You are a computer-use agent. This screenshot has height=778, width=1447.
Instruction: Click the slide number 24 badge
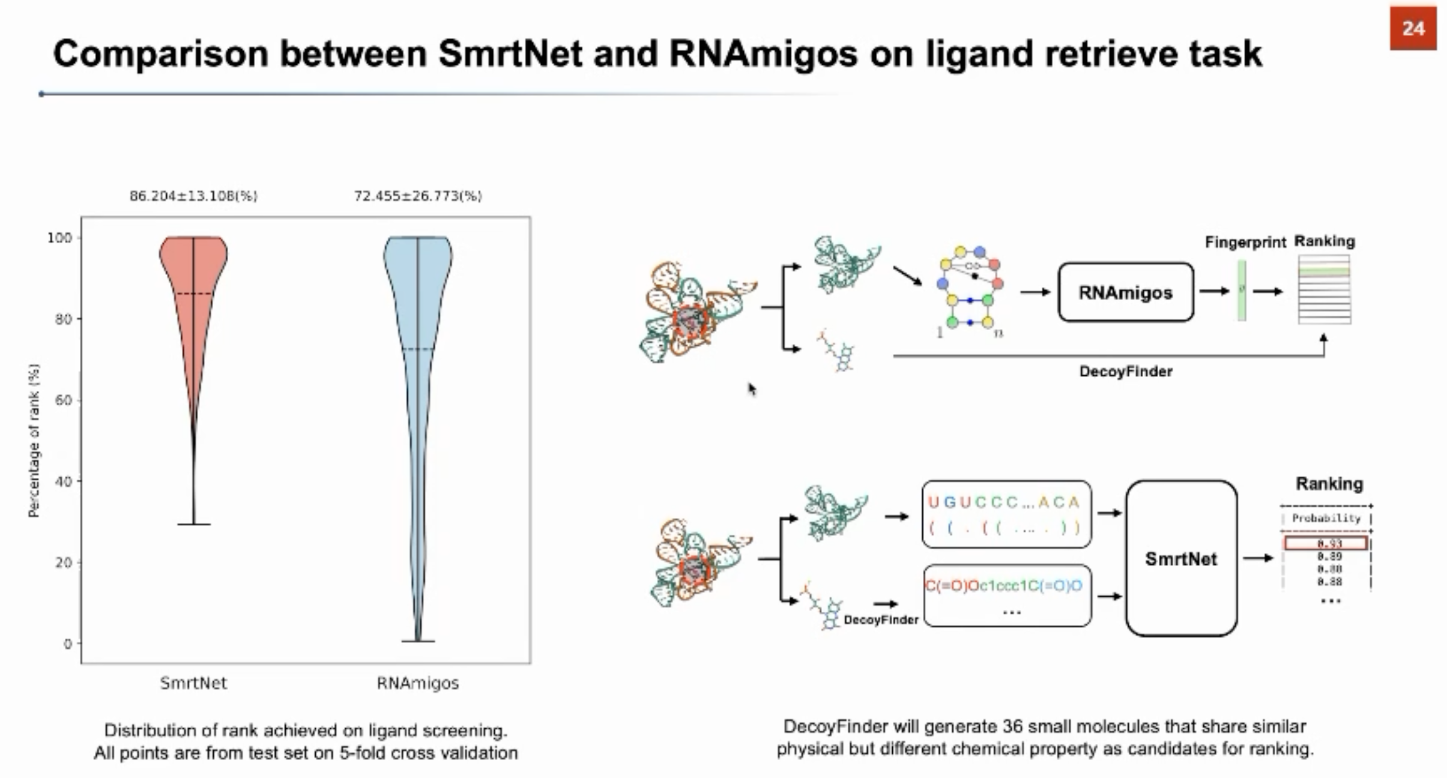coord(1412,28)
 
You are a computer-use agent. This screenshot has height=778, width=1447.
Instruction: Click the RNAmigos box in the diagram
coord(1125,292)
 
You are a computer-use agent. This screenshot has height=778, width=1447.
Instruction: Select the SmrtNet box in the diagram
coord(1180,558)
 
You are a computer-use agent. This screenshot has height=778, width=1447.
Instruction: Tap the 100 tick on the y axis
coord(59,238)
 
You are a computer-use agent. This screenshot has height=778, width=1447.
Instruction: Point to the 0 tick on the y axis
coord(67,644)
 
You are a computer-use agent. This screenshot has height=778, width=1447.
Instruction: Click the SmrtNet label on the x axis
coord(193,683)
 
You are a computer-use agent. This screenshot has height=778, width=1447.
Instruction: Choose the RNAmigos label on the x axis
coord(418,683)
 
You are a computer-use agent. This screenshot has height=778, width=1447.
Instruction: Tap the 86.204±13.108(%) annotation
coord(193,196)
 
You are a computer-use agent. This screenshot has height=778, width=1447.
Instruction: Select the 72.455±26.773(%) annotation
coord(418,196)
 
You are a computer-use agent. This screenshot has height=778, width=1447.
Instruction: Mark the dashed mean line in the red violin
coord(193,294)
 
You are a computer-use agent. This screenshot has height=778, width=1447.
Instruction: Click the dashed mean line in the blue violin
coord(418,349)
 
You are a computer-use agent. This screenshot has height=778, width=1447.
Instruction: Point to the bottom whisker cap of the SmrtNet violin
coord(194,524)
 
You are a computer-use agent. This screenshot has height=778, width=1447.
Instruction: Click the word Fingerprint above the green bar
coord(1245,243)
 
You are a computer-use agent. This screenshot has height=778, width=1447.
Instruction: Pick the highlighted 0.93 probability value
coord(1326,543)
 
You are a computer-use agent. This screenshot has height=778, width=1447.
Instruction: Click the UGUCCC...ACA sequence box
coord(1006,514)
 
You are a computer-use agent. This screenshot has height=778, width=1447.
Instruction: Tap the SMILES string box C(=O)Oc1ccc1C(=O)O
coord(1007,595)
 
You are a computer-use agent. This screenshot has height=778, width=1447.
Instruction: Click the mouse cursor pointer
coord(752,389)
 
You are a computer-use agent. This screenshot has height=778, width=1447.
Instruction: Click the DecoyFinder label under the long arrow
coord(1125,372)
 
